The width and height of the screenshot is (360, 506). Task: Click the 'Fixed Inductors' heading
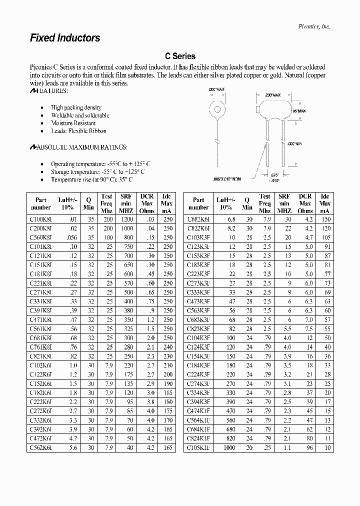65,38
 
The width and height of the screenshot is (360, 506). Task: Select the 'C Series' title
180,56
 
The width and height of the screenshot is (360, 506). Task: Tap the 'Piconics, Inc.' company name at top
314,26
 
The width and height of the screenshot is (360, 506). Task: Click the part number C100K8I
40,219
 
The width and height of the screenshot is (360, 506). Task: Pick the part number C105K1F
198,447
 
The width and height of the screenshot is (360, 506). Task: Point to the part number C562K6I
40,447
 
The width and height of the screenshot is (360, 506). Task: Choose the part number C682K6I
198,219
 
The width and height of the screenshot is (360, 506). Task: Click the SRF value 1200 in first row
126,219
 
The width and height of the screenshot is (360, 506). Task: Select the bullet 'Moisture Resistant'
73,123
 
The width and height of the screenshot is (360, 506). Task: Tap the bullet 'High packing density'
76,107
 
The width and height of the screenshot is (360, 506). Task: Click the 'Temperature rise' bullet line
91,179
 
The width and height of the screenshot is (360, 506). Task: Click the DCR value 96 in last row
309,447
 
